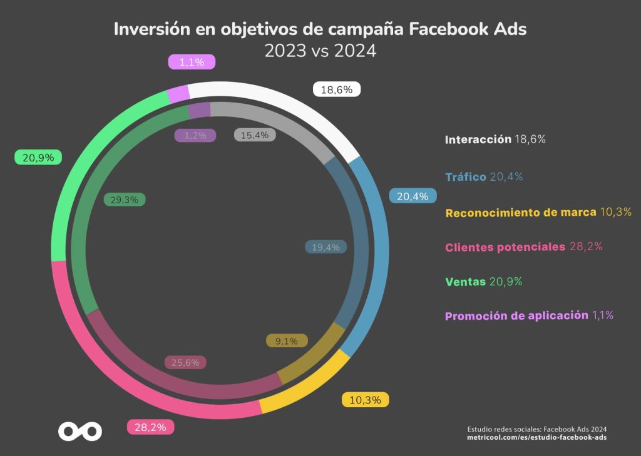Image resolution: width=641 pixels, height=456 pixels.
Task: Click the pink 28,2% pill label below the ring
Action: point(150,427)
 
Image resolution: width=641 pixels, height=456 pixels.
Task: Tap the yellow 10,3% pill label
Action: point(365,400)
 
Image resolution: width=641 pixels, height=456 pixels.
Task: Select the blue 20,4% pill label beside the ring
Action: point(413,196)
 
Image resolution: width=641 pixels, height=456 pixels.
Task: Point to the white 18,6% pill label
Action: point(336,89)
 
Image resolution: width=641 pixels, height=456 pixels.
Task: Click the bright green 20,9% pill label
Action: point(38,157)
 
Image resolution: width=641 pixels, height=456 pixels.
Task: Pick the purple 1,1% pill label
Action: point(192,62)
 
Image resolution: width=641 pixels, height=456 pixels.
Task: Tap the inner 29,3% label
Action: point(125,200)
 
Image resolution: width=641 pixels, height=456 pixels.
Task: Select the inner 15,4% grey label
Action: point(255,135)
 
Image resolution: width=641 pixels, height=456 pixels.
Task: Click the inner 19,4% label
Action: point(326,247)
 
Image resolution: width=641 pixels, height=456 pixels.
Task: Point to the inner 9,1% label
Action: point(287,341)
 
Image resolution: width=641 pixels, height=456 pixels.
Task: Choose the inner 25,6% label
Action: point(185,362)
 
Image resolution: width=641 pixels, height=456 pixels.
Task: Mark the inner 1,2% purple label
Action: point(195,135)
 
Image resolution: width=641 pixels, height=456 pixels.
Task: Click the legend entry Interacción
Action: point(495,139)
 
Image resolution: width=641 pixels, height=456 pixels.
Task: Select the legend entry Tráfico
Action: point(484,176)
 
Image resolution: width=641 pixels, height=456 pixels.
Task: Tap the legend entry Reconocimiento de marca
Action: point(538,212)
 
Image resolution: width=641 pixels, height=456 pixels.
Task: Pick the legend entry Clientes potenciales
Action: point(524,247)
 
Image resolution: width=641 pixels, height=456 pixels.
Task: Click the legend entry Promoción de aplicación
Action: point(529,315)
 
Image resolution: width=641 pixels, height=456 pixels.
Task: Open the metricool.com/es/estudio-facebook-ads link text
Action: point(536,437)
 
